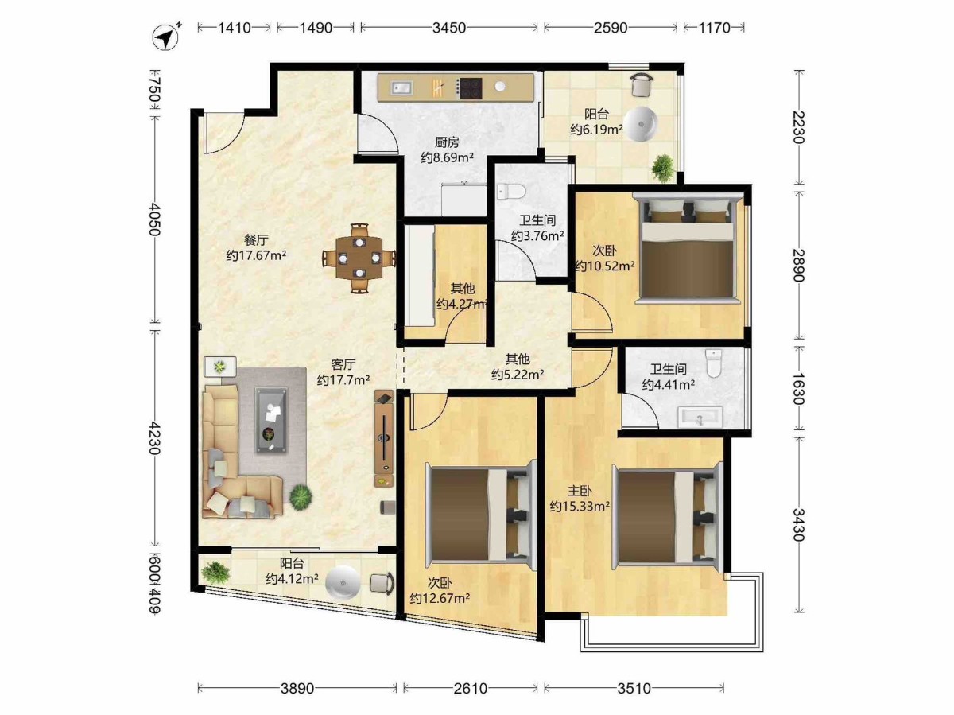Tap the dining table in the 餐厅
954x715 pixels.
359,258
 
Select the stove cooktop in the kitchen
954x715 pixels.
470,87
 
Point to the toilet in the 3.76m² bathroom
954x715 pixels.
510,191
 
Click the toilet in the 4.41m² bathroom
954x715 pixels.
713,363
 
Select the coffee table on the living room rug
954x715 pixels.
272,420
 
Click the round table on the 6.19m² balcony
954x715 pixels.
641,124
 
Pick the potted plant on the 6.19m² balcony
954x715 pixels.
663,167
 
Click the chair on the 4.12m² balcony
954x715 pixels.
382,583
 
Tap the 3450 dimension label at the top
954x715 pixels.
449,28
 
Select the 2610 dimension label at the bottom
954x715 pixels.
471,688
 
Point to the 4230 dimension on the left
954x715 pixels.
154,437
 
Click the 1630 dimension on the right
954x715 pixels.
798,387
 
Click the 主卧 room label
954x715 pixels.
580,491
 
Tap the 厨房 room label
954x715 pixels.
447,142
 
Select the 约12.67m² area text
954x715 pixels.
440,599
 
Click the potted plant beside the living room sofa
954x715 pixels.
301,496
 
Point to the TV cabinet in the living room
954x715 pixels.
384,438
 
